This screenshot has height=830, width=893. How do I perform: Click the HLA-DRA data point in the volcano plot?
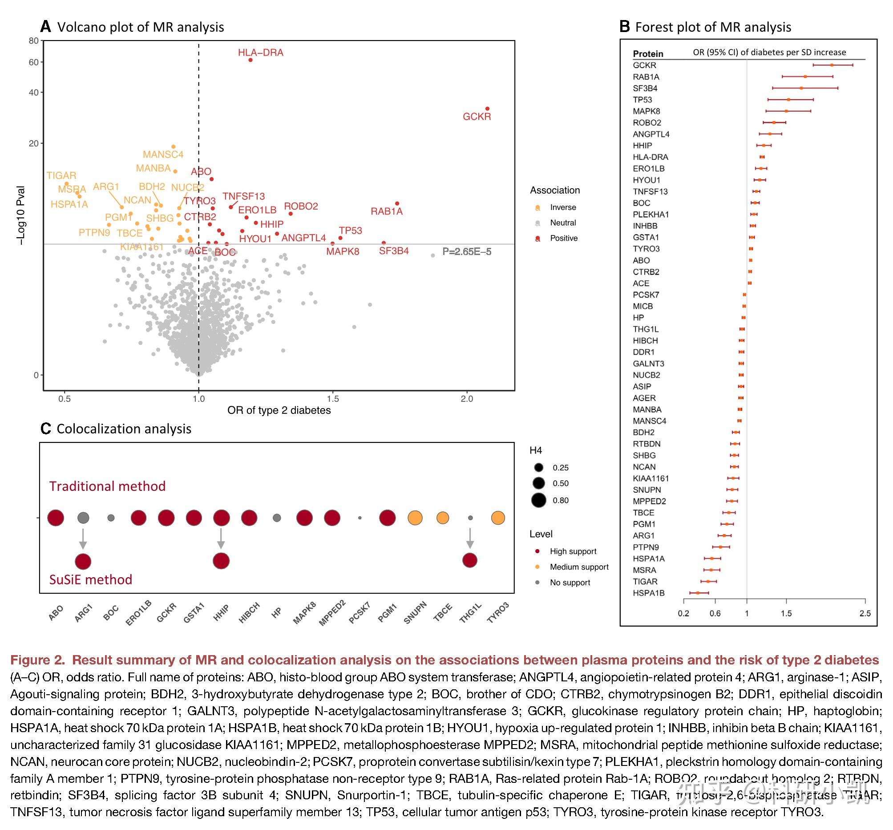coord(251,60)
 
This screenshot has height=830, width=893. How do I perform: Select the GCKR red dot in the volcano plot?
coord(487,109)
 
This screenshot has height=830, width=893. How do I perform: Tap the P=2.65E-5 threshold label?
coord(466,251)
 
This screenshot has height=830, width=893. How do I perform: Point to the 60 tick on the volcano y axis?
coord(34,62)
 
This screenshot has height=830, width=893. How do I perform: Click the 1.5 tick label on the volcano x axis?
coord(332,399)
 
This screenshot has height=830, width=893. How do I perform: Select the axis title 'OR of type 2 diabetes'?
coord(279,410)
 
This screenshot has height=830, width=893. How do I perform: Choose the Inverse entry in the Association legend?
coord(562,207)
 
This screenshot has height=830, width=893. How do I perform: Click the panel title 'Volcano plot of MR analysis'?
coord(141,27)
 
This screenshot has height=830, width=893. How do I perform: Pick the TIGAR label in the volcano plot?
coord(61,176)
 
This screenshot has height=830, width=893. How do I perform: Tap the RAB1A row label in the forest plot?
coord(646,77)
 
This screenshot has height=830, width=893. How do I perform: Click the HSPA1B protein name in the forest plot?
coord(648,593)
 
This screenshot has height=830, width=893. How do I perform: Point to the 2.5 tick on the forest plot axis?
coord(865,613)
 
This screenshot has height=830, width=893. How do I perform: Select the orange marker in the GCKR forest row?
coord(832,65)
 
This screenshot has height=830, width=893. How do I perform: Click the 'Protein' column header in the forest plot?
coord(648,54)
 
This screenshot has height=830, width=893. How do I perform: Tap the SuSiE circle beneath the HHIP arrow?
coord(221,561)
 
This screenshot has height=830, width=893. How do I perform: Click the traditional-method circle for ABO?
coord(56,518)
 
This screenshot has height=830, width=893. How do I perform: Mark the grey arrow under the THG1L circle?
coord(470,538)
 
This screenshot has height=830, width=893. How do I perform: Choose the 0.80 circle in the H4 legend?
coord(538,500)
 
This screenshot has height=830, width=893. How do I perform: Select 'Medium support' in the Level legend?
coord(579,567)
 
